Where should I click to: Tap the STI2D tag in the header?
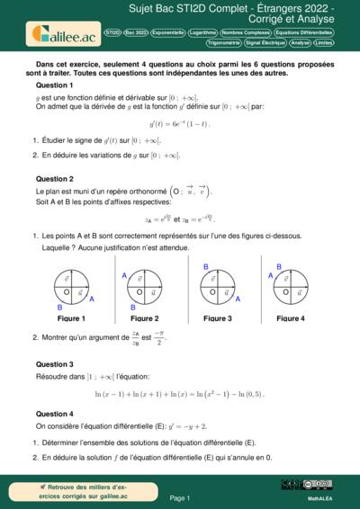tap(112, 31)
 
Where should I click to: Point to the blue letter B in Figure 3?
tap(205, 267)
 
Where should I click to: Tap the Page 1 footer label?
tap(179, 497)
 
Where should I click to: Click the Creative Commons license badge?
tap(305, 485)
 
